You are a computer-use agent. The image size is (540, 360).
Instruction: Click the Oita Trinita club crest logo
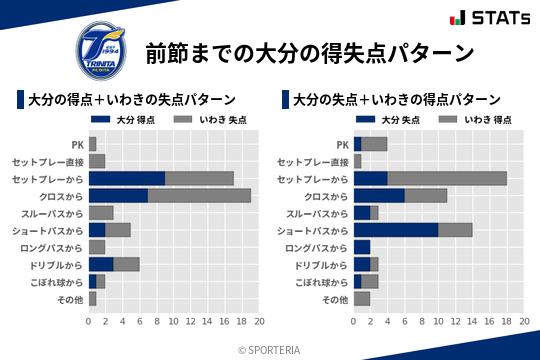coord(101,48)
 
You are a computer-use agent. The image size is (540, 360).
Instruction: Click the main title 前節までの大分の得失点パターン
coord(309,52)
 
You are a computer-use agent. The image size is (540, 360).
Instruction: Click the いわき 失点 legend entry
coord(205,120)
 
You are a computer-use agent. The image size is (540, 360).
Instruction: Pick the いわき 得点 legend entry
coord(470,120)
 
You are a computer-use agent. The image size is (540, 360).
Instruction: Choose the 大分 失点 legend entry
coord(390,120)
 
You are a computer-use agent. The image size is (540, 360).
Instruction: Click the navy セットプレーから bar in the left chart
coord(127,178)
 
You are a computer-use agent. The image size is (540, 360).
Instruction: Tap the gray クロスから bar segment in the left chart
coord(200,195)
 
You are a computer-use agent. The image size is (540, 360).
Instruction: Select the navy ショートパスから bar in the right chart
coord(396,230)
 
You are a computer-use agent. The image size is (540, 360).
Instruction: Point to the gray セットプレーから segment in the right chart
coord(447,178)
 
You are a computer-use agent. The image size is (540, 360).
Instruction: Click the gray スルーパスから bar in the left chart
coord(102,213)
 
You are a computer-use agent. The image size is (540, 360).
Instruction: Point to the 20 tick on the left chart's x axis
coord(259,322)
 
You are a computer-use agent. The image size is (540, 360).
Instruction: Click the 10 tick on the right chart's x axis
coord(438,322)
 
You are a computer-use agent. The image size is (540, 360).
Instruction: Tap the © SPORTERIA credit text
coord(270,349)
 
